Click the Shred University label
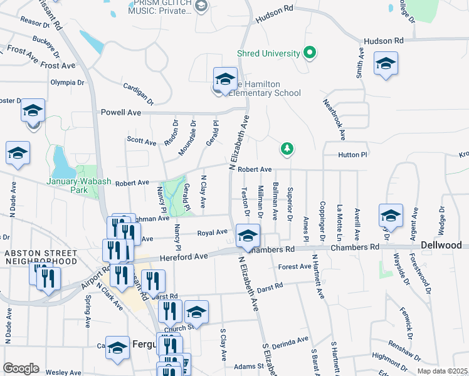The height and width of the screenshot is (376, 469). click(x=268, y=53)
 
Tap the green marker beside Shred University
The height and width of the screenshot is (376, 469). click(x=309, y=53)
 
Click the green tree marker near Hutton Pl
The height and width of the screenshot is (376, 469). click(x=287, y=149)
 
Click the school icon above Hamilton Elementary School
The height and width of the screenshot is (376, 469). click(x=225, y=80)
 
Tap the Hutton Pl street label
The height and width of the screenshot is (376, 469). click(x=352, y=154)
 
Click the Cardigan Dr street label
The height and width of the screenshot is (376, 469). click(x=139, y=93)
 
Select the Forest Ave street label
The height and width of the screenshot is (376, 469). click(x=295, y=266)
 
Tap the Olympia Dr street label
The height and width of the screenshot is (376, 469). click(x=67, y=82)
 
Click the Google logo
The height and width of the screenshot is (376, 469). click(x=21, y=368)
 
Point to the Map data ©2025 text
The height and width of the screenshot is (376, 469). click(x=441, y=371)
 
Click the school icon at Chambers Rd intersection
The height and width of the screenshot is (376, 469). click(x=248, y=236)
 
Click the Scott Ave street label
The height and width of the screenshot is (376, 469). click(x=142, y=142)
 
